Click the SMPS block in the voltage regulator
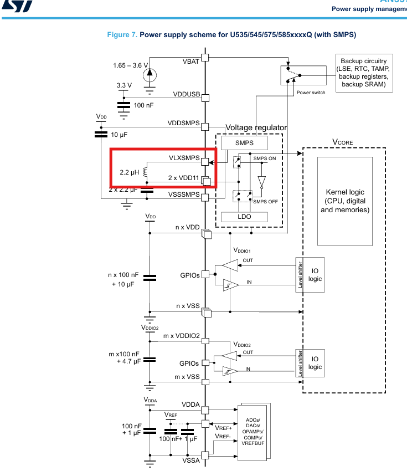click(244, 143)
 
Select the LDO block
click(244, 217)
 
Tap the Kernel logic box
click(344, 201)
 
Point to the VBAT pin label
click(190, 61)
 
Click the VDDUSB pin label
click(186, 94)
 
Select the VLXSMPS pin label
click(184, 158)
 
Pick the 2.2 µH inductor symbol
click(145, 173)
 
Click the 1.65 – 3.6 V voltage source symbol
click(150, 74)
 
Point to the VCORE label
click(342, 142)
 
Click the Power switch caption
click(311, 92)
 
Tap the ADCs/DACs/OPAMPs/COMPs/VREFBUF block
click(253, 431)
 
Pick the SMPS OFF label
click(265, 202)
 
